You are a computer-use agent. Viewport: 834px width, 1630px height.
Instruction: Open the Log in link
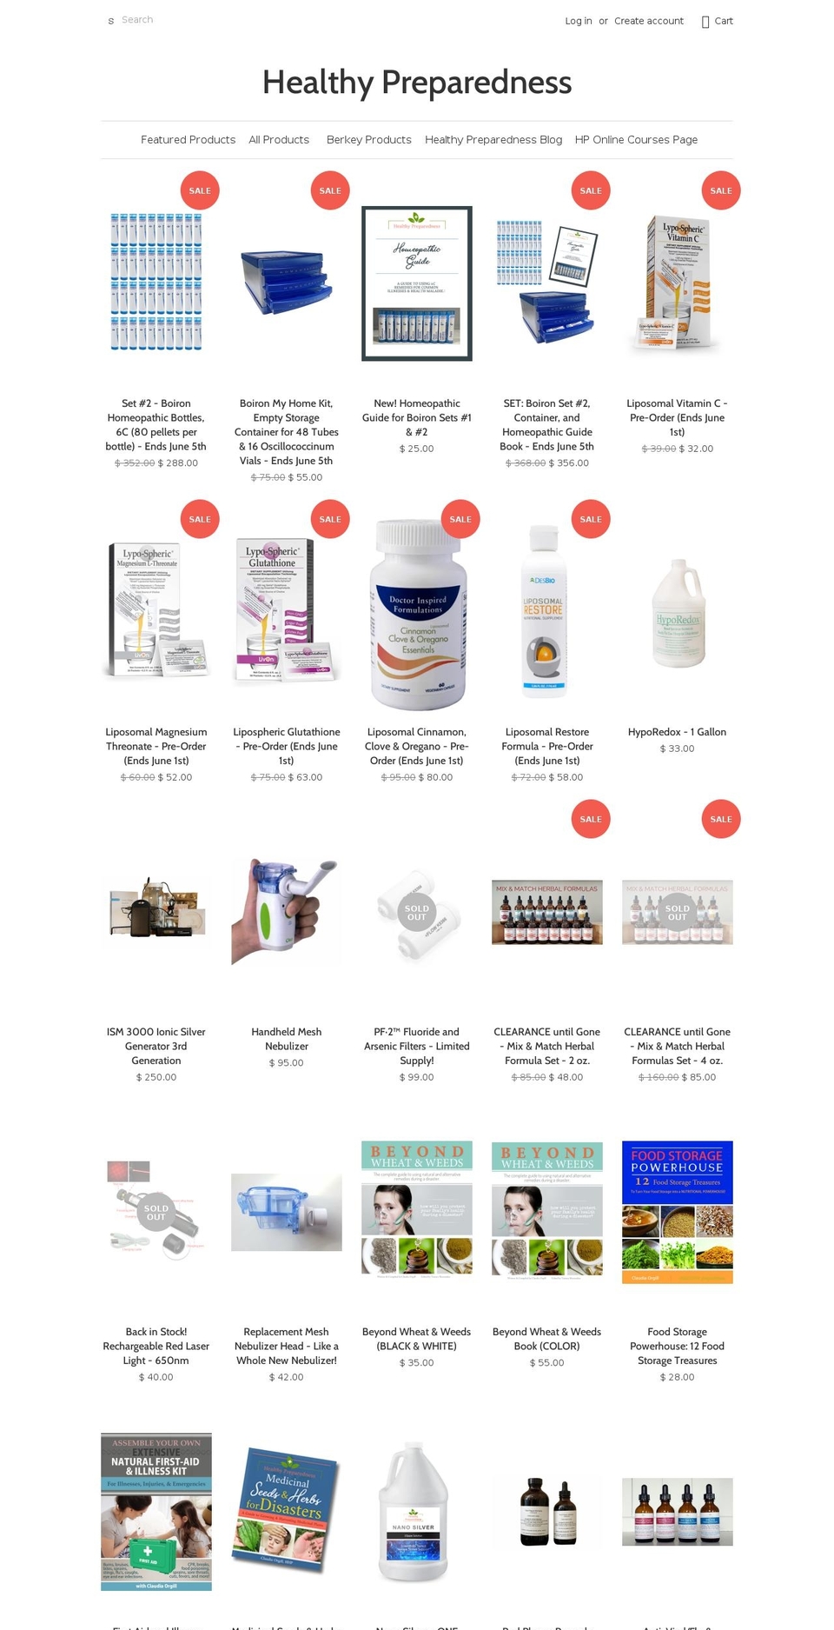click(x=578, y=21)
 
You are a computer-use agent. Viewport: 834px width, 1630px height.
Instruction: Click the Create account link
click(x=648, y=21)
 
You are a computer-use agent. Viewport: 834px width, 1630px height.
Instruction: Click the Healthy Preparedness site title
click(x=417, y=83)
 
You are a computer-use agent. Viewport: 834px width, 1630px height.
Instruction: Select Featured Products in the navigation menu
click(x=188, y=140)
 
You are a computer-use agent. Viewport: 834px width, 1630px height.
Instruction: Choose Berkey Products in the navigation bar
click(x=368, y=140)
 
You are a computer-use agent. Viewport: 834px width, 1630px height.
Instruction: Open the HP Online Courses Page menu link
click(x=636, y=140)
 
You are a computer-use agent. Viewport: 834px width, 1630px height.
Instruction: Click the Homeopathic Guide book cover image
click(x=417, y=283)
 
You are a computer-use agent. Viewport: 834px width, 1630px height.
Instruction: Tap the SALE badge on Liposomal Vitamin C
click(x=720, y=190)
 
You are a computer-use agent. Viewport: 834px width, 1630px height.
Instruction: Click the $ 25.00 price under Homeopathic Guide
click(x=416, y=449)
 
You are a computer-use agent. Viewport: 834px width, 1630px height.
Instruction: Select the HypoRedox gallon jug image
click(x=678, y=612)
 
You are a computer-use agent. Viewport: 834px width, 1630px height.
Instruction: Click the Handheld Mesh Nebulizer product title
click(x=287, y=1039)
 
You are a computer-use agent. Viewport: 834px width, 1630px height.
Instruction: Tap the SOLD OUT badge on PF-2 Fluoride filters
click(x=417, y=913)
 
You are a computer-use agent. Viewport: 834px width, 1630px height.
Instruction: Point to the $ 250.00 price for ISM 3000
click(x=156, y=1077)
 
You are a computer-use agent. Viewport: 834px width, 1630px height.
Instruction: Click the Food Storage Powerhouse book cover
click(x=678, y=1212)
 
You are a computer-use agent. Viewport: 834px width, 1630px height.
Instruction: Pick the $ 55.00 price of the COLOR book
click(x=546, y=1362)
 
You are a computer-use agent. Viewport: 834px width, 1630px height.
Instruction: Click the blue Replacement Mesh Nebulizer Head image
click(x=287, y=1212)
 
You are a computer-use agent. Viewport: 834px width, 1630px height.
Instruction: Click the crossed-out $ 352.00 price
click(x=135, y=463)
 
